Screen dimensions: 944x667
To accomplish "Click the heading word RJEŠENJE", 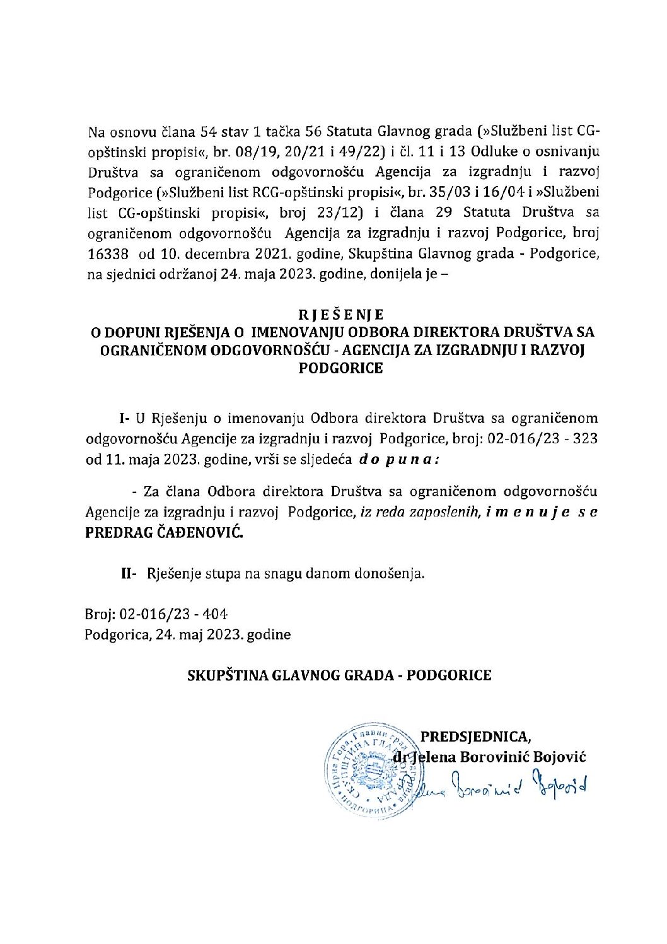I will point(340,313).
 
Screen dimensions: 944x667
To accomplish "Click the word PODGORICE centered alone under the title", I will point(340,368).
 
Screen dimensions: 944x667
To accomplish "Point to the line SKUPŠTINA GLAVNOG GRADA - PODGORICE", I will point(340,675).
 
